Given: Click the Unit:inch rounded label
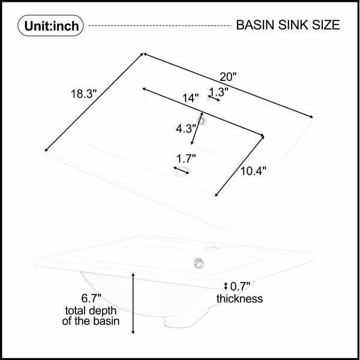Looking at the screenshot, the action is [50, 25].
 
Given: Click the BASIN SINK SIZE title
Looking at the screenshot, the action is [288, 25].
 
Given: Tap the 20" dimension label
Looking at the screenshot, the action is [228, 77].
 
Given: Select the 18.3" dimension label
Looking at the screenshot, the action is [84, 94].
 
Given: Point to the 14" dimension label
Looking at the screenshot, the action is [190, 98].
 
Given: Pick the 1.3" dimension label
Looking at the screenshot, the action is [219, 92].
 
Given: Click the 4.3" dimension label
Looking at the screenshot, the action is [185, 128].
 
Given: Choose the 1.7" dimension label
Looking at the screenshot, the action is [186, 158].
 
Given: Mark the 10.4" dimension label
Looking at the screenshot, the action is [253, 171].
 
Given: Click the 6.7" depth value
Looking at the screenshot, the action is [91, 298].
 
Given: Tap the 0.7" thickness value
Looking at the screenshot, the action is [240, 286].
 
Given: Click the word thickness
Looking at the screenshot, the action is [239, 298].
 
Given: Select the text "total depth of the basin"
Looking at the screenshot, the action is [91, 316].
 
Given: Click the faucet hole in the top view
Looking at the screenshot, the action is [214, 99].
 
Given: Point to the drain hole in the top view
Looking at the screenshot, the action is [181, 170].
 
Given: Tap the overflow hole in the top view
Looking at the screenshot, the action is [202, 120].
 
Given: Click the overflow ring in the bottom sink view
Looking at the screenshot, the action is [199, 263].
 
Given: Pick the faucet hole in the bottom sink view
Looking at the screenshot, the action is [212, 248].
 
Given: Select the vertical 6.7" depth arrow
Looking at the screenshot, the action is [133, 303].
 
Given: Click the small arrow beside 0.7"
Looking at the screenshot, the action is [226, 286].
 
